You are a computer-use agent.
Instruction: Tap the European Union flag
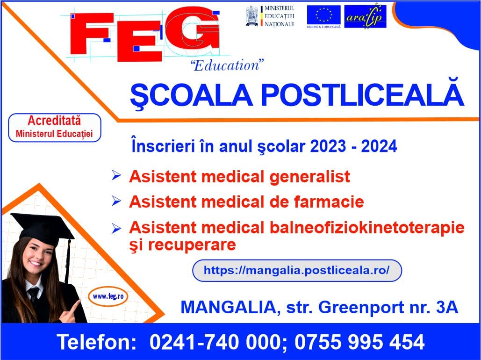pyautogui.click(x=323, y=15)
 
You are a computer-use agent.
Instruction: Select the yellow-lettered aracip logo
pyautogui.click(x=365, y=16)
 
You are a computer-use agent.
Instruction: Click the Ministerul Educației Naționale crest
pyautogui.click(x=252, y=16)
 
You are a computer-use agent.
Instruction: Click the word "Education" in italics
pyautogui.click(x=227, y=65)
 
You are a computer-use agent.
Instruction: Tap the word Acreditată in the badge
pyautogui.click(x=54, y=121)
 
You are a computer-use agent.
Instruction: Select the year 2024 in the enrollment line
pyautogui.click(x=379, y=146)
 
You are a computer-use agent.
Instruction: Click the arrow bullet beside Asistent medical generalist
pyautogui.click(x=116, y=175)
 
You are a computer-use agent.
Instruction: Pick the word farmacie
pyautogui.click(x=329, y=202)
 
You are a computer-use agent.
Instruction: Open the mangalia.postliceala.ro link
pyautogui.click(x=297, y=270)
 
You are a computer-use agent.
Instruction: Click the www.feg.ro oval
pyautogui.click(x=108, y=296)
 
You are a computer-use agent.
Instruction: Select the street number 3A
pyautogui.click(x=447, y=307)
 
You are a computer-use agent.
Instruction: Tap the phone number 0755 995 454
pyautogui.click(x=359, y=342)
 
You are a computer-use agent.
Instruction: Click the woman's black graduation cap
pyautogui.click(x=43, y=229)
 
